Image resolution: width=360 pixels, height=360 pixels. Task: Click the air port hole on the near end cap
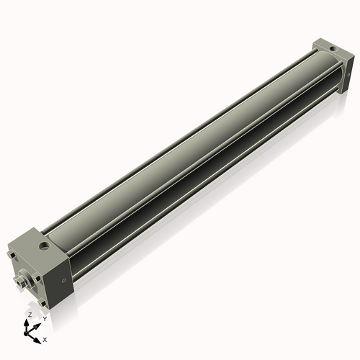tap(45, 247)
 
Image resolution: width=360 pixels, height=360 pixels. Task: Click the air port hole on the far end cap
tap(332, 48)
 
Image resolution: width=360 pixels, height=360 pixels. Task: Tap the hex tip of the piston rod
tap(19, 282)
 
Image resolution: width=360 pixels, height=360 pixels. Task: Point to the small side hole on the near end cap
tap(64, 280)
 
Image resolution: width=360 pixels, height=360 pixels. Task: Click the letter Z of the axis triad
tap(30, 315)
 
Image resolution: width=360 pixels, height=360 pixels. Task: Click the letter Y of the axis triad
tap(45, 319)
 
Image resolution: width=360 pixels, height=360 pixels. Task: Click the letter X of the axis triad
tap(45, 338)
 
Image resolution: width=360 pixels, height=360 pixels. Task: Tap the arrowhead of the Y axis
tap(39, 323)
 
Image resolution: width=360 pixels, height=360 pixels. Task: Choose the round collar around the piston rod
tap(29, 279)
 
